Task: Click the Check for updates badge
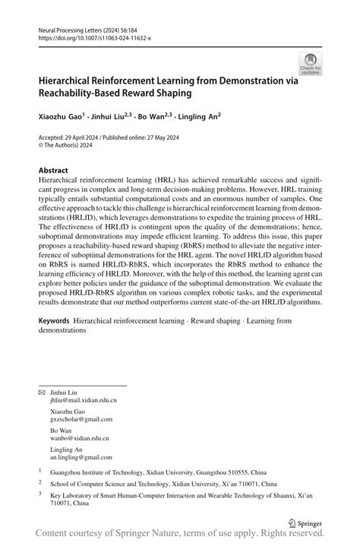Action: click(311, 64)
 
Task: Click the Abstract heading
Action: click(54, 171)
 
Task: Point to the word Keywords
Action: click(58, 321)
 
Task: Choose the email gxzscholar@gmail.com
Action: click(81, 420)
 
